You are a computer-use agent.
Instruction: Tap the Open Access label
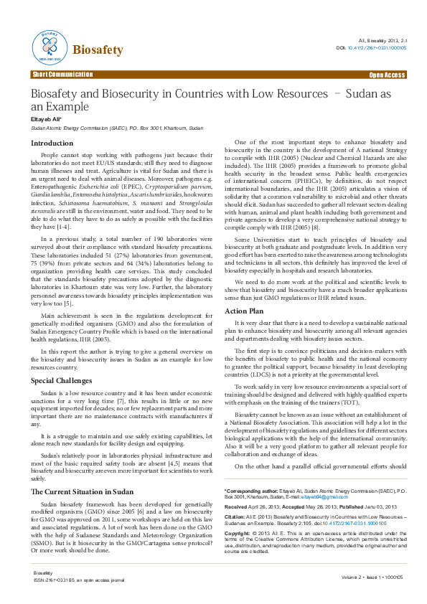tap(387, 75)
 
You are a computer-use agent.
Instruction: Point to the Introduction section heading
tap(51, 143)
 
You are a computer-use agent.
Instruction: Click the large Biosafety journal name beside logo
tap(98, 50)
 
